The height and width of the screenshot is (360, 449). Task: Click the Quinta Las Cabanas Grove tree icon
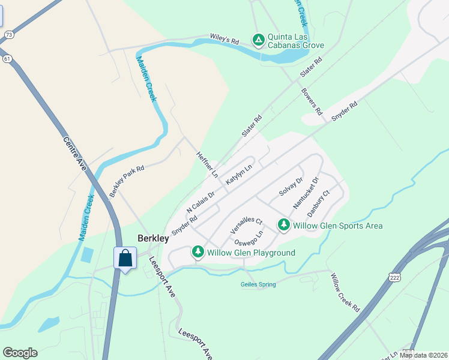[x=259, y=40]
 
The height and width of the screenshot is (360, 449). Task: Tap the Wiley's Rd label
[x=224, y=39]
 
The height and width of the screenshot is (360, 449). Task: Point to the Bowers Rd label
[x=312, y=102]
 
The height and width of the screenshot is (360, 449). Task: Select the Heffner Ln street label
[x=206, y=164]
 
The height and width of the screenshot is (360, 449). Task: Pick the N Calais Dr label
[x=200, y=202]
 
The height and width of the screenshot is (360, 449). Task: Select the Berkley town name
[x=152, y=238]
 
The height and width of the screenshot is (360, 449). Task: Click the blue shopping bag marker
[x=125, y=259]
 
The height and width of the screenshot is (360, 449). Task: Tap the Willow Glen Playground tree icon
[x=198, y=253]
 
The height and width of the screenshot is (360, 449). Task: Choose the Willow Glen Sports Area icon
[x=284, y=226]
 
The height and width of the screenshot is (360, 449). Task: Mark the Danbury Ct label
[x=318, y=203]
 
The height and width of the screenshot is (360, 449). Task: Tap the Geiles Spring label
[x=258, y=284]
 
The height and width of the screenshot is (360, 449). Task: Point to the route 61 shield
[x=7, y=59]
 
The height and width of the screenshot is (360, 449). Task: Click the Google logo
[x=20, y=353]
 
